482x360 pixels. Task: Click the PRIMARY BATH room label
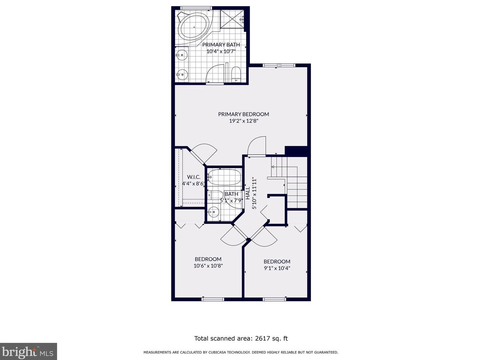pos(221,45)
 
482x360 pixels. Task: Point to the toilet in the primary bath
pos(236,74)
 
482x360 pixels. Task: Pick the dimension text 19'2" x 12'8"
pos(243,121)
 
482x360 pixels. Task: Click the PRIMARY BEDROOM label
pos(243,114)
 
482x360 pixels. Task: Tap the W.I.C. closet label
pos(194,177)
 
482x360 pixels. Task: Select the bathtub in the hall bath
pos(224,177)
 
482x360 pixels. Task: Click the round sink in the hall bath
pos(214,212)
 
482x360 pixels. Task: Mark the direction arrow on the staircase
pos(273,167)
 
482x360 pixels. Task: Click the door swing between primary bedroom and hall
pos(257,146)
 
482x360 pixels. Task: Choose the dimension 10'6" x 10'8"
pos(208,266)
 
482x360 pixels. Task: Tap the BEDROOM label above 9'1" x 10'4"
pos(277,261)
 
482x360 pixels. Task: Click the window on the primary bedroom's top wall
pos(279,65)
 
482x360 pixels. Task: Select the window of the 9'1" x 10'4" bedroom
pos(274,299)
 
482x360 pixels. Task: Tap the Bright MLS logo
pos(28,352)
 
